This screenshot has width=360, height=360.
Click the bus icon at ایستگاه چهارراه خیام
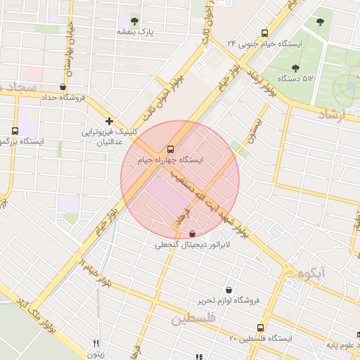[170, 149]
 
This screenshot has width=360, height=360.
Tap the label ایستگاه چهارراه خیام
[170, 160]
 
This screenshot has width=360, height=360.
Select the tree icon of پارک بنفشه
[135, 21]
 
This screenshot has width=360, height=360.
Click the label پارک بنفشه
[135, 32]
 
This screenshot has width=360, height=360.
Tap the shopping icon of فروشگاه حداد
[63, 87]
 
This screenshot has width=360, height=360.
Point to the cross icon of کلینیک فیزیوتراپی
[109, 121]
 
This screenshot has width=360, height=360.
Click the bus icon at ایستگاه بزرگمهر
[15, 131]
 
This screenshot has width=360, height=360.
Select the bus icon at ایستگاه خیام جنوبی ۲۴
[264, 32]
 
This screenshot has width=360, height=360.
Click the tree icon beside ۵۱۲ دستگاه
[295, 68]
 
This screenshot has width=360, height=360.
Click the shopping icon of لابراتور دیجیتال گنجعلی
[193, 234]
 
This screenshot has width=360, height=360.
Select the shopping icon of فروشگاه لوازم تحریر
[229, 289]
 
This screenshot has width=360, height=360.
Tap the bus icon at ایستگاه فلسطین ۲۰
[261, 328]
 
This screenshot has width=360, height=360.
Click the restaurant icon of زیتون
[96, 343]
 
